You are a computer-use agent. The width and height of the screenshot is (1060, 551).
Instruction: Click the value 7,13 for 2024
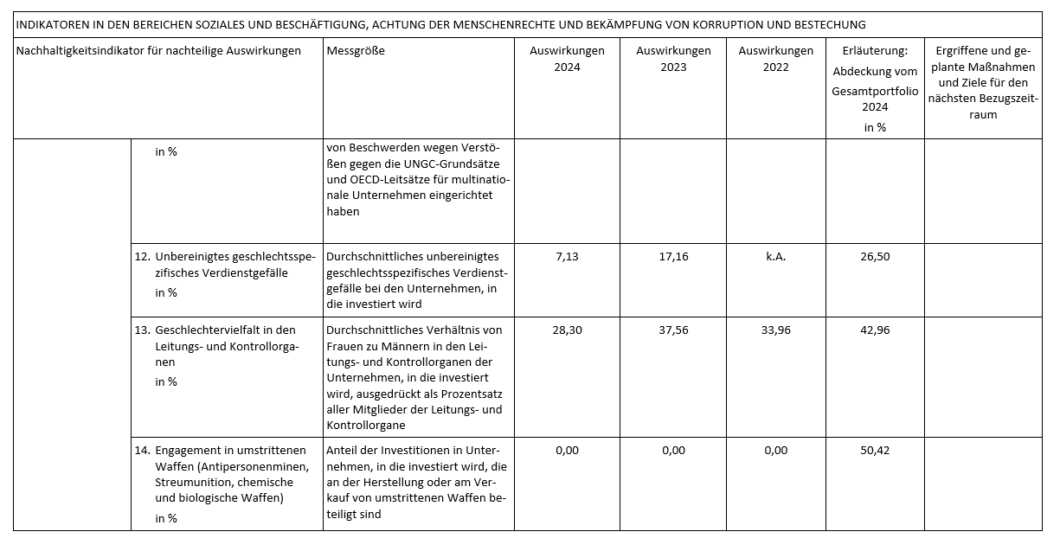[x=567, y=257]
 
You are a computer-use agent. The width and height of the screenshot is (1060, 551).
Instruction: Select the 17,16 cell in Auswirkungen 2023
[x=673, y=257]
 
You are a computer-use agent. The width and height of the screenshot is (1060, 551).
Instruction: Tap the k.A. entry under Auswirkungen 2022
[x=776, y=257]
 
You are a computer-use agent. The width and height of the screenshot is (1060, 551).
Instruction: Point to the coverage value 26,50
[x=875, y=257]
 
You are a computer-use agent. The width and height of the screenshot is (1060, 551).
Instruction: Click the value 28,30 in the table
[x=567, y=330]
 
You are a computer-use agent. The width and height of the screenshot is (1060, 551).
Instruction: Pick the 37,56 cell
[x=673, y=330]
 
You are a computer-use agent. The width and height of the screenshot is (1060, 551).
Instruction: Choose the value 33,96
[x=776, y=330]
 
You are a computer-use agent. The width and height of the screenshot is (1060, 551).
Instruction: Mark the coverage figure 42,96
[x=875, y=330]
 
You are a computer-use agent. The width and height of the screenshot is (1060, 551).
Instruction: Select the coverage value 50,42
[x=875, y=451]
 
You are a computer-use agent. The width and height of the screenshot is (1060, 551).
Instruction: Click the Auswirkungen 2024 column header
[x=567, y=59]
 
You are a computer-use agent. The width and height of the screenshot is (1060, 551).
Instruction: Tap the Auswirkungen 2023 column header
[x=673, y=59]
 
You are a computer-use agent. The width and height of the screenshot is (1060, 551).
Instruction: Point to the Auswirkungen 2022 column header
[x=776, y=59]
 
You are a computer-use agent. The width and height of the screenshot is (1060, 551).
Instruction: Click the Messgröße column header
[x=356, y=51]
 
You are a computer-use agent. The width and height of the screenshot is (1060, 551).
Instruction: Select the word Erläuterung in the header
[x=874, y=51]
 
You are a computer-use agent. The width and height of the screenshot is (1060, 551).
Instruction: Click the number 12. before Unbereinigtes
[x=142, y=257]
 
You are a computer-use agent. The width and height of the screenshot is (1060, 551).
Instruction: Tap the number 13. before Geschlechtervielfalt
[x=142, y=330]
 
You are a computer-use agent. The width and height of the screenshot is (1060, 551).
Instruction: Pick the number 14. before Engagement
[x=142, y=451]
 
